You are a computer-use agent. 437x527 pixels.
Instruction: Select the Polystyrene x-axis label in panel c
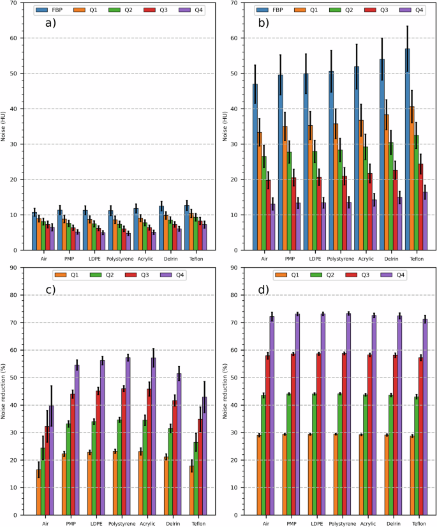coord(119,523)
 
